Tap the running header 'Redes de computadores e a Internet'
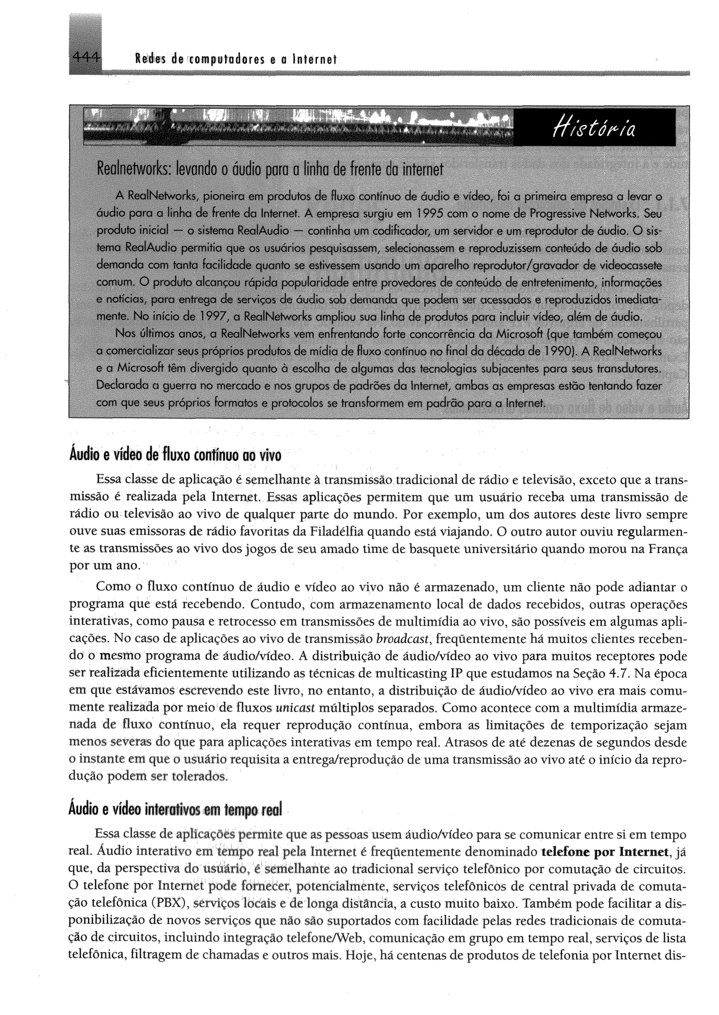[x=236, y=59]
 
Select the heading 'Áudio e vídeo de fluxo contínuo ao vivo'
[x=175, y=455]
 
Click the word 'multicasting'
[x=411, y=674]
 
